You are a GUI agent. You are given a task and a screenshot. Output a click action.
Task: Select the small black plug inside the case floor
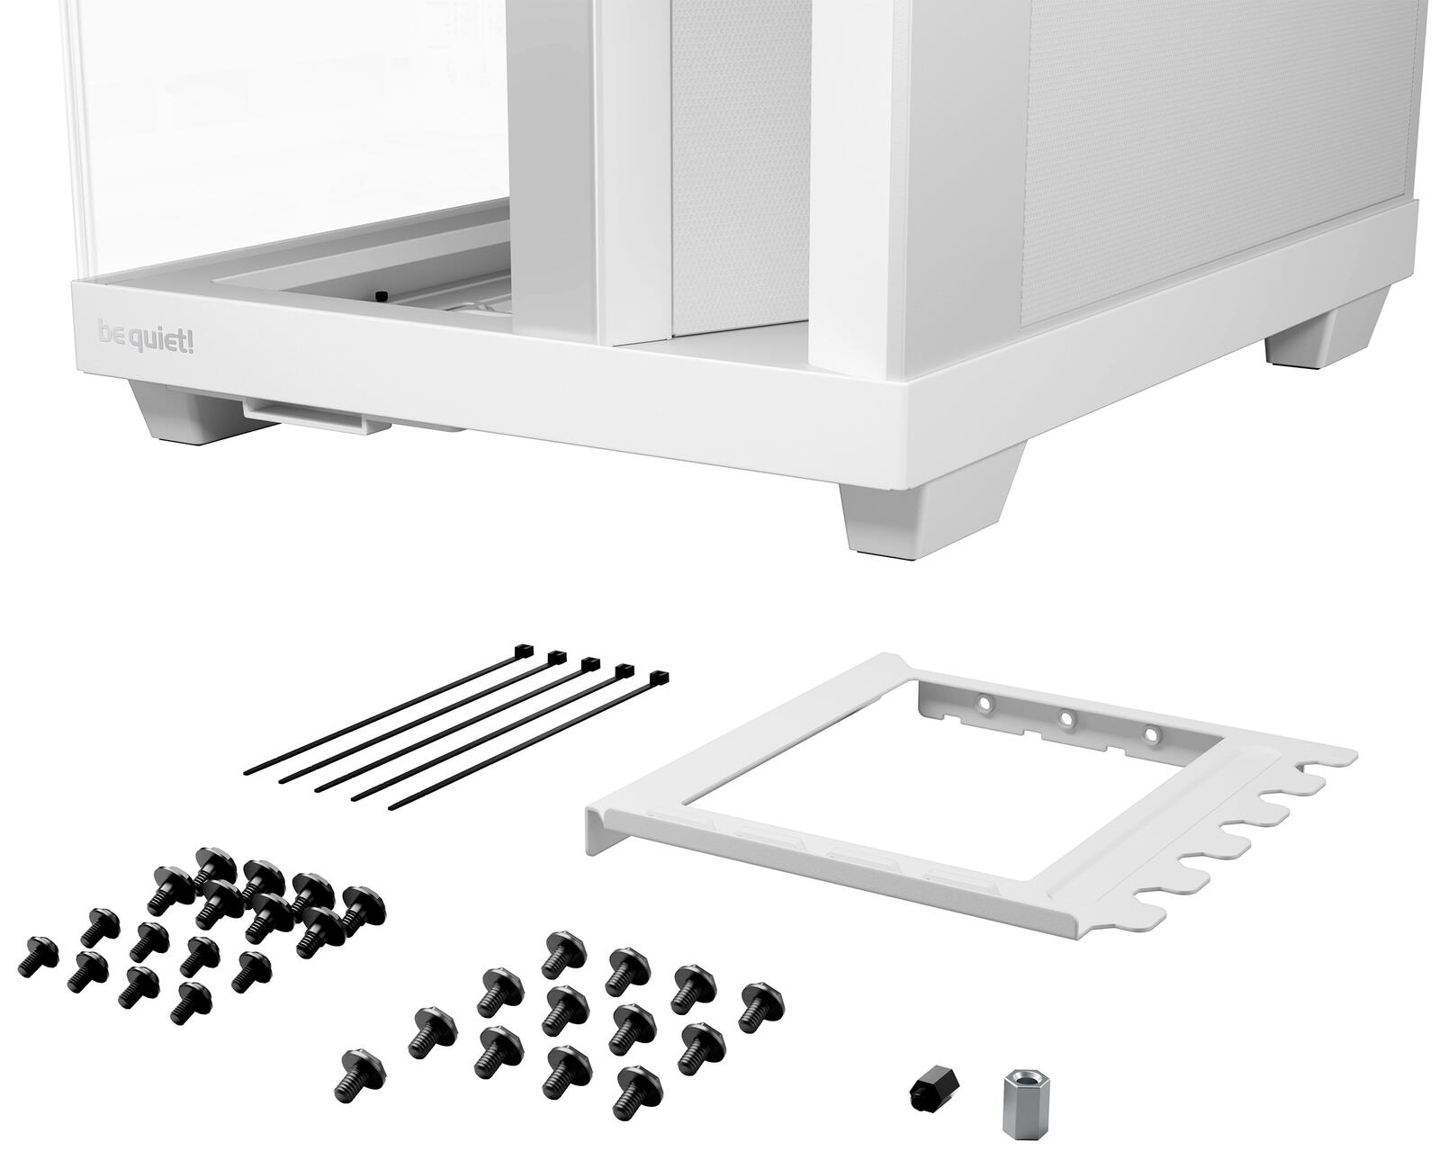pyautogui.click(x=382, y=295)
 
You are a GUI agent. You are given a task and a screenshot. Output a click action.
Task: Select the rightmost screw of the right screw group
pyautogui.click(x=761, y=1006)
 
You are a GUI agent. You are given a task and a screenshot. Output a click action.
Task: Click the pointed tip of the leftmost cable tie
pyautogui.click(x=246, y=772)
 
